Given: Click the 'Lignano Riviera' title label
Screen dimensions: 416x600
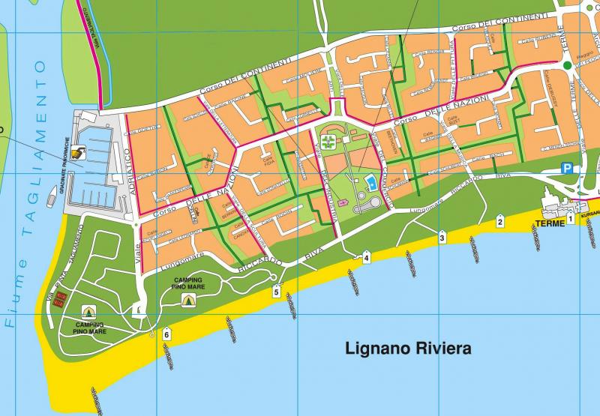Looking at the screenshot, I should click(x=407, y=349).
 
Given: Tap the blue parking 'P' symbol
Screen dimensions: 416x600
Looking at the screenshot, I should click(x=568, y=169).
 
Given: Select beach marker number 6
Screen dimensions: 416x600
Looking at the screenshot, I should click(x=166, y=334).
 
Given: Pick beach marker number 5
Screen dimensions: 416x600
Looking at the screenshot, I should click(x=276, y=292).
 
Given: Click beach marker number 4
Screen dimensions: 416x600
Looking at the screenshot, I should click(x=366, y=257).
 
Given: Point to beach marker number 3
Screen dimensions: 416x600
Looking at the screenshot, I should click(x=442, y=238).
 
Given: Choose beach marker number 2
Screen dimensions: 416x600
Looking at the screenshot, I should click(x=500, y=220).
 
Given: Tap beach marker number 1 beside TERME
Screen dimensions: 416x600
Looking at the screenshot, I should click(x=570, y=217).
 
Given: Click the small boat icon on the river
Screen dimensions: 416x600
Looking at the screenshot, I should click(x=51, y=196).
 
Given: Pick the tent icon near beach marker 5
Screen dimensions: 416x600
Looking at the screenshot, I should click(x=187, y=299).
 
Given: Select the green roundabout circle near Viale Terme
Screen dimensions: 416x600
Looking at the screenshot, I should click(x=568, y=66).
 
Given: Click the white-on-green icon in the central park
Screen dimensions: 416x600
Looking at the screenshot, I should click(x=328, y=141).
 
